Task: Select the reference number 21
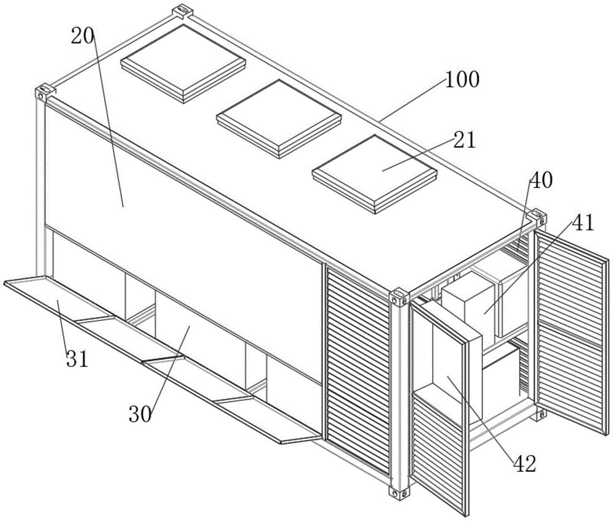[x=465, y=140]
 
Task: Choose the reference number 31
[x=77, y=357]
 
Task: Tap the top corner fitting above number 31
[x=43, y=93]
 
